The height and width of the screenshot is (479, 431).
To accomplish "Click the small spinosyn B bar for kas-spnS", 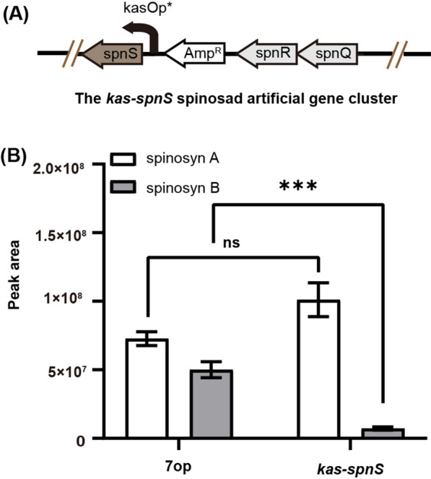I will [383, 433].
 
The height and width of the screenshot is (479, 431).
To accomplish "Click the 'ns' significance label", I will [232, 242].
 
